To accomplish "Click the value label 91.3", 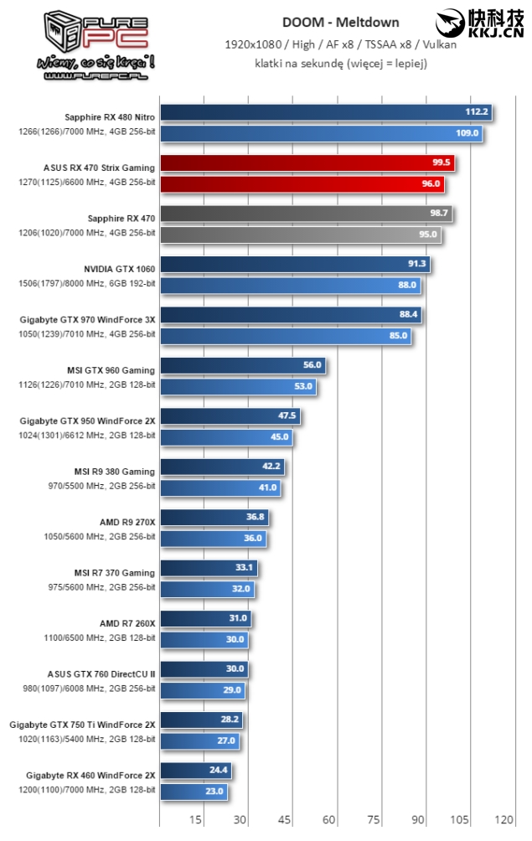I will point(416,265).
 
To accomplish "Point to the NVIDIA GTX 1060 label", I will point(119,269).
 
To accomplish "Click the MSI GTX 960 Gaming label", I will point(111,370).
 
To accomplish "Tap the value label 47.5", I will point(286,416).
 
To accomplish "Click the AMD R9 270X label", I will point(127,522).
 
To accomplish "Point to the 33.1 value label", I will point(244,568).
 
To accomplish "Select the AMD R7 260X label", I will point(127,623).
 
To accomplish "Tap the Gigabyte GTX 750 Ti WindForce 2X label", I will point(82,725).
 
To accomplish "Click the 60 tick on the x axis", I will point(328,819).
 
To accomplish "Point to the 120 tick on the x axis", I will point(504,819).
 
